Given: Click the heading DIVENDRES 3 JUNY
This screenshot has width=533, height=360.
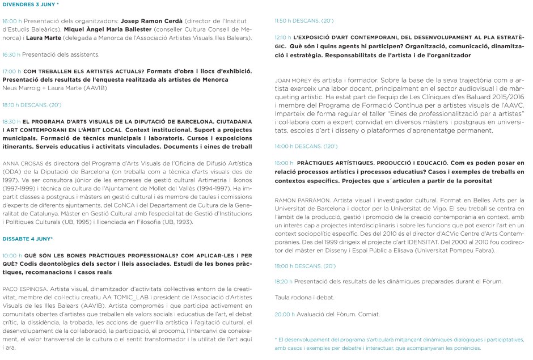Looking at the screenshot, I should [29, 4].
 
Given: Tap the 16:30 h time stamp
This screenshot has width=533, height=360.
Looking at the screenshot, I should [11, 54].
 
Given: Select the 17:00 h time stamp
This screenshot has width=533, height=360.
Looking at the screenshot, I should [11, 72].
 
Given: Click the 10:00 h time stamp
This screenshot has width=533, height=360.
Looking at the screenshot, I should [12, 256].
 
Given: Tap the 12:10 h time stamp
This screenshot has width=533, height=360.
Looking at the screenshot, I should [283, 38].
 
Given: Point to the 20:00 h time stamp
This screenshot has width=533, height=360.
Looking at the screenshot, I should [283, 314].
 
